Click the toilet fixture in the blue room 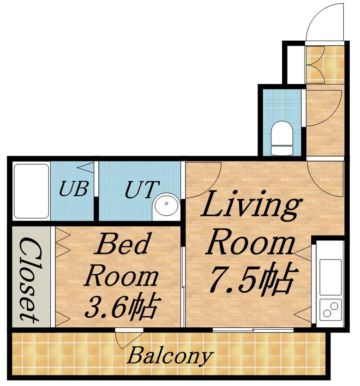pos(282,138)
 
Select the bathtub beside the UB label pos(31,191)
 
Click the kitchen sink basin pos(330,277)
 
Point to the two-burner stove pos(330,310)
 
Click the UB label pos(73,189)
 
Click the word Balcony pos(169,356)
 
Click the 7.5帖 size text pos(253,279)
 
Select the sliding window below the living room pos(253,330)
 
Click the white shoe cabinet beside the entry pos(296,65)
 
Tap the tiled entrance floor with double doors pos(324,65)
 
